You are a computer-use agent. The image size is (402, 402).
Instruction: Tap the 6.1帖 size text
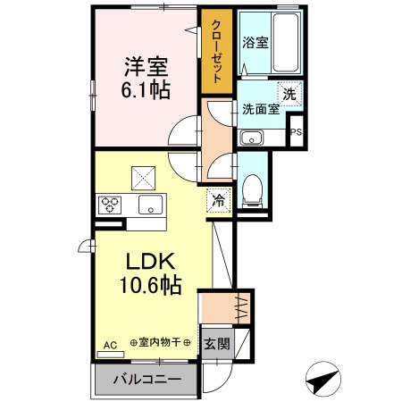point(145,89)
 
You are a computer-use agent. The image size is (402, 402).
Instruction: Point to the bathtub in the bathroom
point(285,40)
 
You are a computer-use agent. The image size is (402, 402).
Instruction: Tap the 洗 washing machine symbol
point(290,92)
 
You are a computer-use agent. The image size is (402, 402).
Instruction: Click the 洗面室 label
point(261,109)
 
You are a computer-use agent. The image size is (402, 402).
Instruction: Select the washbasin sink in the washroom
point(250,138)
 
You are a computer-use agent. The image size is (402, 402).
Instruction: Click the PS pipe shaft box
point(297,132)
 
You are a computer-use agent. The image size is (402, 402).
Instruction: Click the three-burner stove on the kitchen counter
point(110,203)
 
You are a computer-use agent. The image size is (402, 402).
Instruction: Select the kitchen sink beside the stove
point(148,204)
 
